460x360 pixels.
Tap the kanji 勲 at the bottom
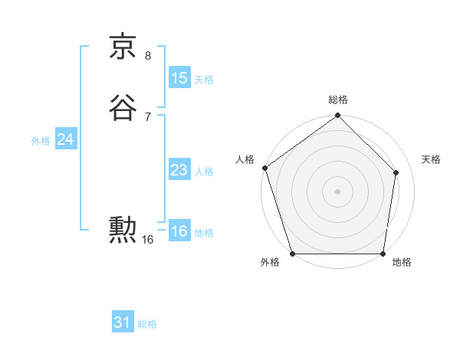[123, 229]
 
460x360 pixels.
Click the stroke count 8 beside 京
[148, 55]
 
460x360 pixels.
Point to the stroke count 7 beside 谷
[148, 116]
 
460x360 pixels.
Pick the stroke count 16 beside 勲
[148, 240]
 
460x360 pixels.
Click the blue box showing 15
[179, 77]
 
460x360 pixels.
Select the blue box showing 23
[179, 170]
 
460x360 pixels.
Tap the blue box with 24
[65, 139]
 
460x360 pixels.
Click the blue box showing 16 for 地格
[179, 231]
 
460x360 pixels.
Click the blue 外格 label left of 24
[41, 141]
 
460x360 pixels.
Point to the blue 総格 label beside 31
[147, 324]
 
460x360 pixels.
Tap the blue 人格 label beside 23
[204, 172]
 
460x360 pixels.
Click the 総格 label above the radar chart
[337, 100]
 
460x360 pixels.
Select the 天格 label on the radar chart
[431, 159]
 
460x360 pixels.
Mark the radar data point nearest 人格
[264, 168]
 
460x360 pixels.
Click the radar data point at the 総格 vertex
[337, 116]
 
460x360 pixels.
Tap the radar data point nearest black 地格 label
[383, 254]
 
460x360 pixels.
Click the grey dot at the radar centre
[337, 191]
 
